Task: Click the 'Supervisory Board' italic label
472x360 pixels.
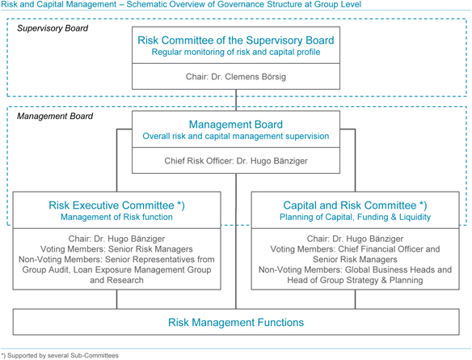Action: pyautogui.click(x=53, y=28)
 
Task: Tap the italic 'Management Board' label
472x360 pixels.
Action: pyautogui.click(x=55, y=116)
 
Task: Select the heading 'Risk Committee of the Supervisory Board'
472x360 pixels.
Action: pyautogui.click(x=236, y=40)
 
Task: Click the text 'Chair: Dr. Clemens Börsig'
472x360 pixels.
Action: pyautogui.click(x=236, y=77)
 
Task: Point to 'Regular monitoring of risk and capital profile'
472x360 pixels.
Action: pyautogui.click(x=236, y=52)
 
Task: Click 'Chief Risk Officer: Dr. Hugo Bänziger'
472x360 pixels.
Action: pyautogui.click(x=236, y=161)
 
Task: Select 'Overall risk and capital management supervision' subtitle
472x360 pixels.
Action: pyautogui.click(x=236, y=136)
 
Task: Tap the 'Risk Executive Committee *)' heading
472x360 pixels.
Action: pyautogui.click(x=117, y=205)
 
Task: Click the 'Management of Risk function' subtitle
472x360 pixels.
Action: pyautogui.click(x=117, y=217)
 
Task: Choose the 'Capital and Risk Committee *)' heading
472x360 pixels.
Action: pyautogui.click(x=355, y=205)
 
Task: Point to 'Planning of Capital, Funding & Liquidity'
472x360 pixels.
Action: pyautogui.click(x=355, y=217)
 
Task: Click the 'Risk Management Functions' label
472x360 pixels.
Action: pyautogui.click(x=236, y=322)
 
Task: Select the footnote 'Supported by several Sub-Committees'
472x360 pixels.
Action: pyautogui.click(x=63, y=356)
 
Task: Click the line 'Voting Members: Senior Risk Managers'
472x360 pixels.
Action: pyautogui.click(x=117, y=249)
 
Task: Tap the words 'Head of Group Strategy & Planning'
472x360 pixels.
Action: pyautogui.click(x=355, y=280)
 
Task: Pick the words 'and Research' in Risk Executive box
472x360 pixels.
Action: pyautogui.click(x=117, y=280)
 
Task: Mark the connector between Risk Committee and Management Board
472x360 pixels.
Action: pyautogui.click(x=236, y=100)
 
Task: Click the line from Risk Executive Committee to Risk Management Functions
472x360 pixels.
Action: pyautogui.click(x=117, y=299)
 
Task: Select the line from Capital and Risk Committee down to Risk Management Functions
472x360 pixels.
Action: pyautogui.click(x=355, y=299)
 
